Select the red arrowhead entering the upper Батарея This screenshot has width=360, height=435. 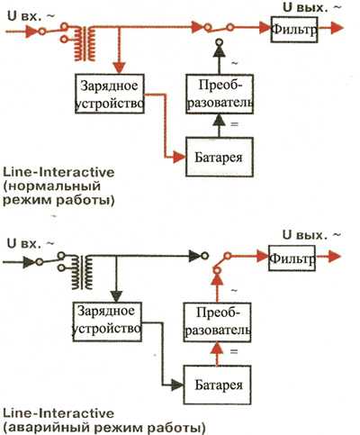(x=179, y=157)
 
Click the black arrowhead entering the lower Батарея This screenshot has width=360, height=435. (x=177, y=385)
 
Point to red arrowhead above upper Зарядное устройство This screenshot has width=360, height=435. (x=120, y=68)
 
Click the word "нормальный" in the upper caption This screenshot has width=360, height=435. (x=52, y=186)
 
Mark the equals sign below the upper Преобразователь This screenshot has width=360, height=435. (x=234, y=124)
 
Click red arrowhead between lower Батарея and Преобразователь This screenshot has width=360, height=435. (x=217, y=349)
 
